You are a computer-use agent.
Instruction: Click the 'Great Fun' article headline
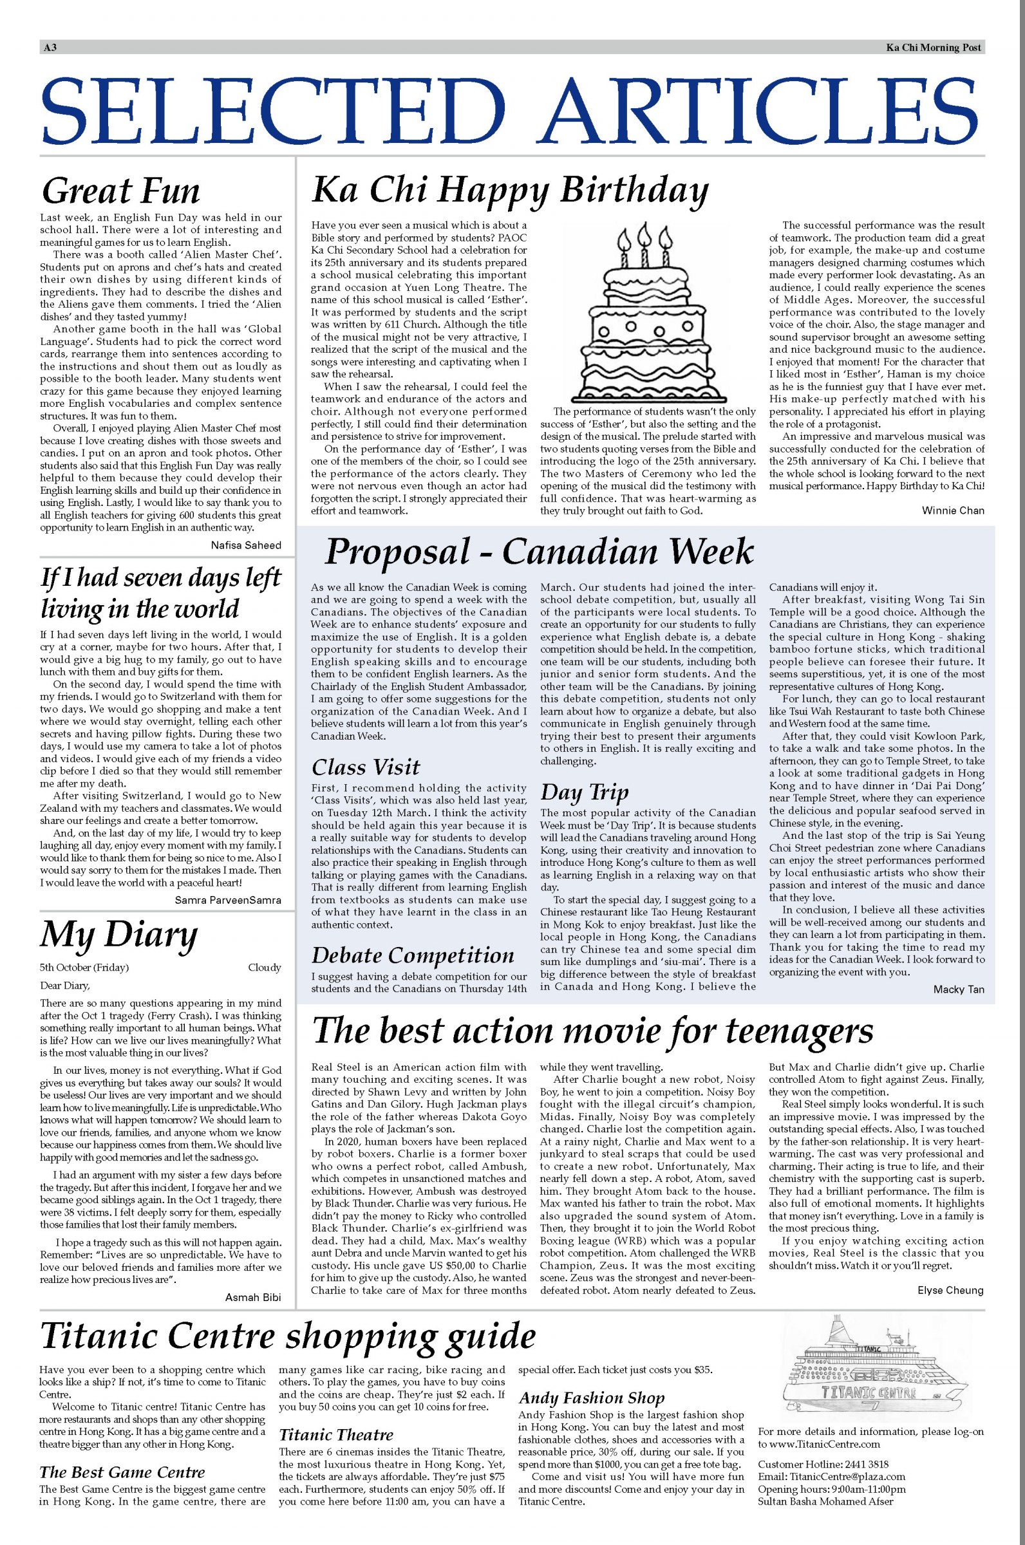point(120,191)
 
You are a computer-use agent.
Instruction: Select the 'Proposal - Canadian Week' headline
point(539,552)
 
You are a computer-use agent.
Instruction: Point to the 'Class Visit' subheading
point(366,767)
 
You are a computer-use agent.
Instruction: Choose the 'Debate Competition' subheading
point(413,955)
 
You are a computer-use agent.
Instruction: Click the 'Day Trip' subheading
point(584,792)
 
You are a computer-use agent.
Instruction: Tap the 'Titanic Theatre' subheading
point(336,1434)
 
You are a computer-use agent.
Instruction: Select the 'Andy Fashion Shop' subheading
point(591,1398)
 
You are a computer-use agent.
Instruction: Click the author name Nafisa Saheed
point(246,545)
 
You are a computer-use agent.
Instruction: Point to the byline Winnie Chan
point(952,510)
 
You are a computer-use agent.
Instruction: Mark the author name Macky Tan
point(958,989)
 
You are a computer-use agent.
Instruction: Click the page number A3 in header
point(50,47)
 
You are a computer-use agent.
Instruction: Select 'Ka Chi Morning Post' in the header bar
point(934,47)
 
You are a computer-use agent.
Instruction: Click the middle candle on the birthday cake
point(645,242)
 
